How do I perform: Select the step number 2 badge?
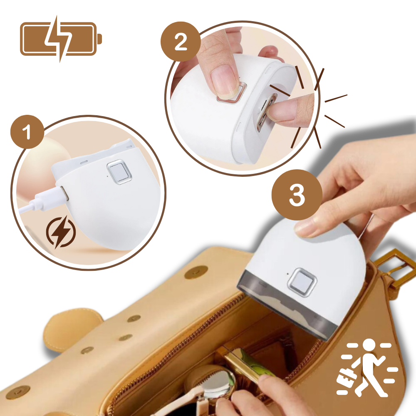coord(180,42)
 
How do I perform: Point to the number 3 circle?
coord(297,196)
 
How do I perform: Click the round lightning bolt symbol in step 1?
coord(61,233)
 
